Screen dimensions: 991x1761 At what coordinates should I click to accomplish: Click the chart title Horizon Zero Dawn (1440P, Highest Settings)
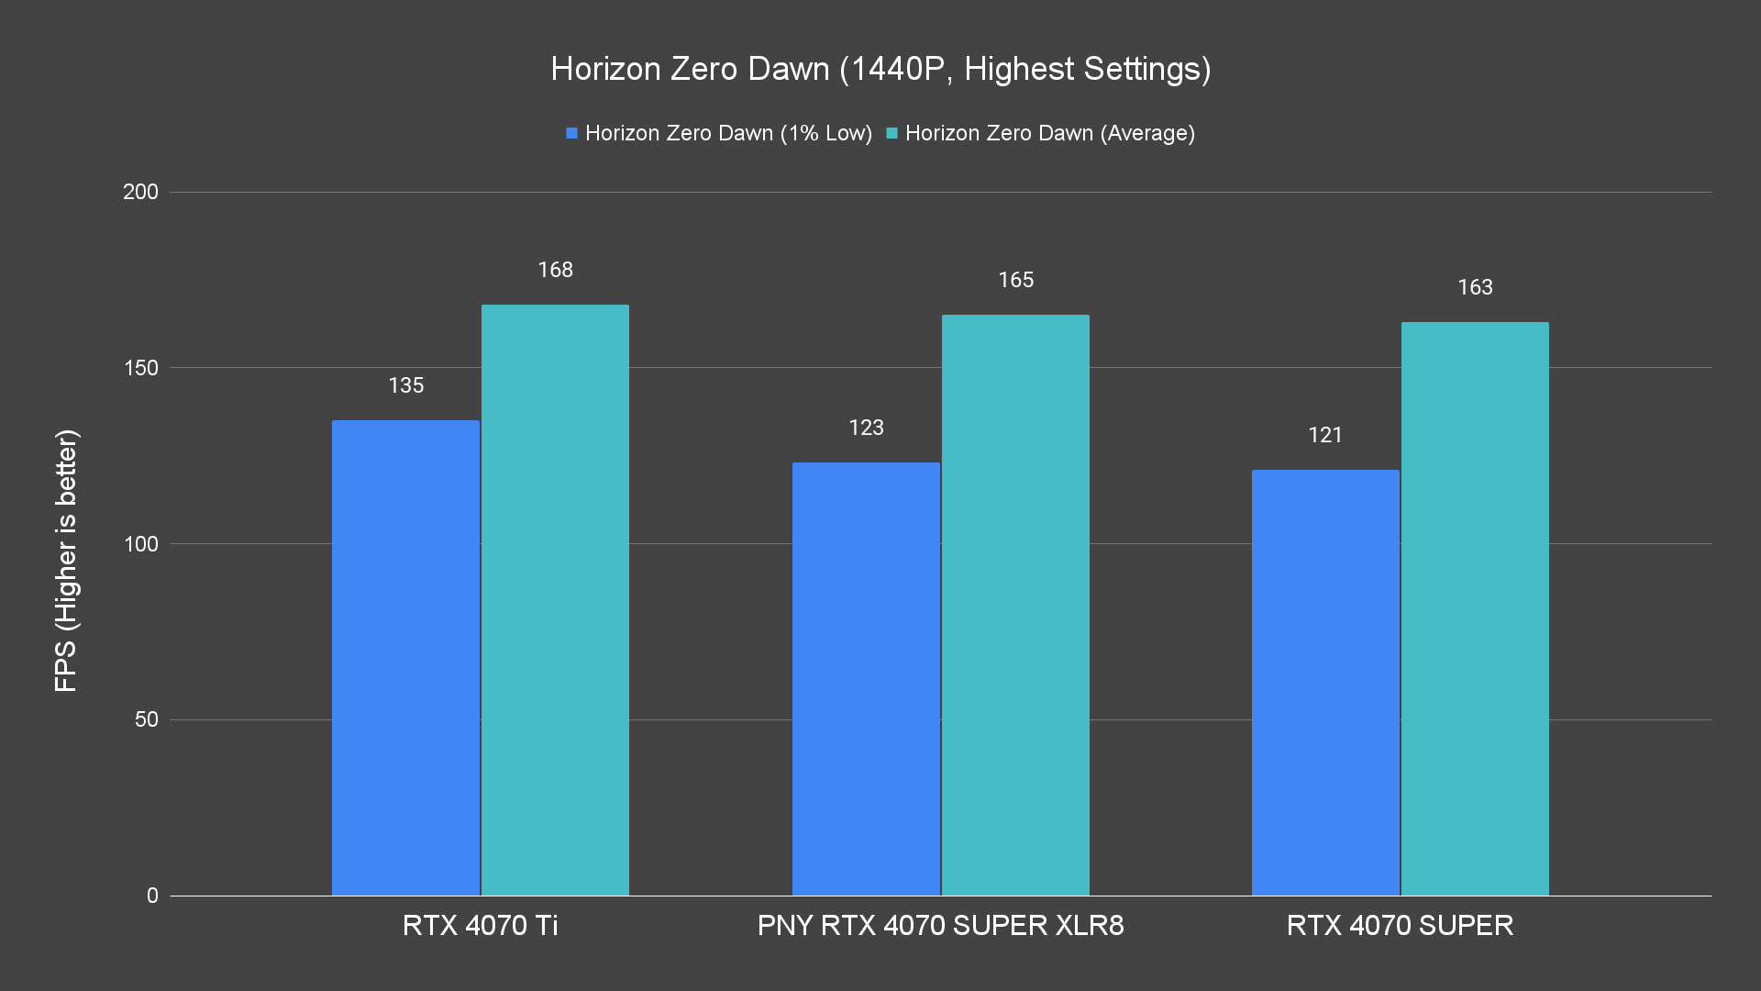tap(880, 69)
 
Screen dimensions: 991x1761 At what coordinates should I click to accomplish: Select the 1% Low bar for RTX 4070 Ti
tap(405, 657)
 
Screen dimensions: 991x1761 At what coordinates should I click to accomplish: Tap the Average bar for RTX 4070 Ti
tap(555, 600)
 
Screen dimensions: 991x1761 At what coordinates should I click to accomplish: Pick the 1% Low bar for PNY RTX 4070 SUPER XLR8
tap(866, 679)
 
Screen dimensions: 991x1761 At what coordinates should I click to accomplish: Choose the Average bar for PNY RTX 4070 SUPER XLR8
tap(1015, 606)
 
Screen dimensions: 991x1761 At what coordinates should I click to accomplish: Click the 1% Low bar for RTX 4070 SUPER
tap(1325, 683)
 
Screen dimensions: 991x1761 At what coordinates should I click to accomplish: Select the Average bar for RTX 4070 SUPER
tap(1475, 609)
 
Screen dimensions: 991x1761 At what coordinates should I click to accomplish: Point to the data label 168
tap(555, 270)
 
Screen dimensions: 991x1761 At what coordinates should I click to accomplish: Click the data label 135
tap(405, 385)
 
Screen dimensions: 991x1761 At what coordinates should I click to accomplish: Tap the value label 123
tap(866, 428)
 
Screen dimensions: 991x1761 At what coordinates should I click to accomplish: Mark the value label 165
tap(1015, 280)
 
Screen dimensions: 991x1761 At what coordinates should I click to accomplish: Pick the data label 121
tap(1325, 435)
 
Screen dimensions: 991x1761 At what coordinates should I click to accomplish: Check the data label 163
tap(1475, 287)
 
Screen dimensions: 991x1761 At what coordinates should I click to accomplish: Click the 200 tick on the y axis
tap(140, 192)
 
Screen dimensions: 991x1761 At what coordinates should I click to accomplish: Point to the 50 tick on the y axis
tap(147, 719)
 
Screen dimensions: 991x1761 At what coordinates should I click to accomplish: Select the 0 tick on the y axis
tap(152, 896)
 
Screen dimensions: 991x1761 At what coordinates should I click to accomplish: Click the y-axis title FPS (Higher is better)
tap(66, 560)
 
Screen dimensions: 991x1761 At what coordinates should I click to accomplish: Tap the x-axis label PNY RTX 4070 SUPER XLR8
tap(940, 925)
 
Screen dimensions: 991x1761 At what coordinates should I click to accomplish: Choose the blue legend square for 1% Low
tap(571, 133)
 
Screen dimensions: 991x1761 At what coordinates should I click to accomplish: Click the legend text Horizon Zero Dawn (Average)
tap(1049, 133)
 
